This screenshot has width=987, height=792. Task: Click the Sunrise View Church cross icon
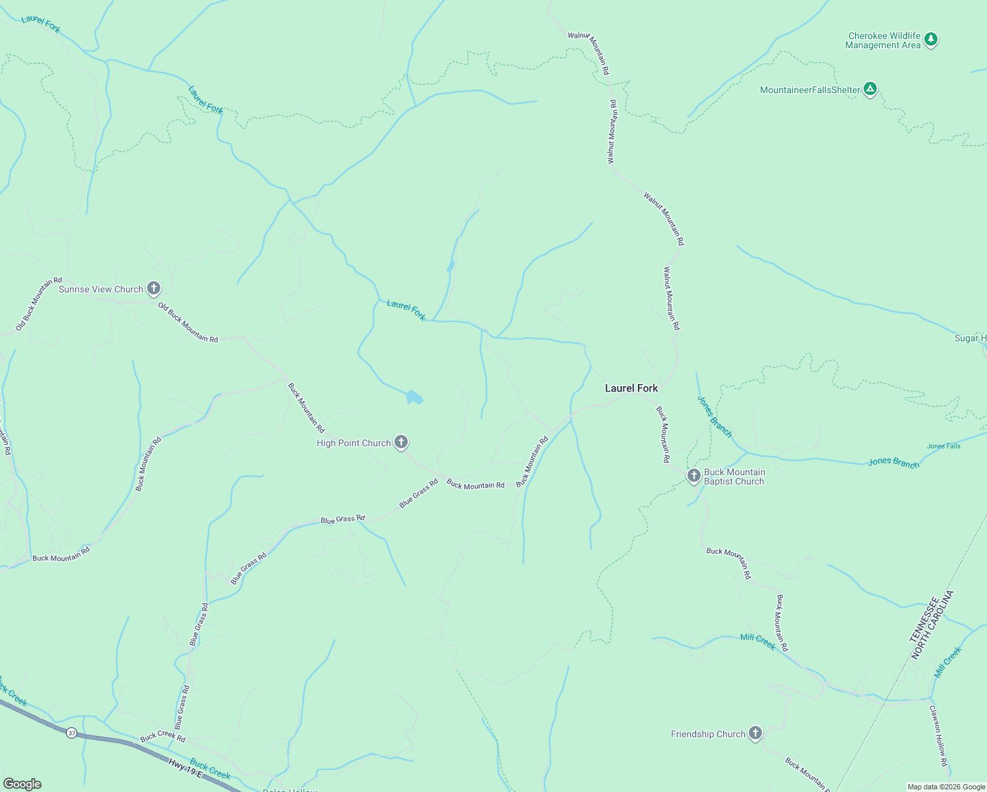(x=154, y=288)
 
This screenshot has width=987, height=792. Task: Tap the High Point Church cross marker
(x=401, y=442)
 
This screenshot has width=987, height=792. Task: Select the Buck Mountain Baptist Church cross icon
(x=693, y=476)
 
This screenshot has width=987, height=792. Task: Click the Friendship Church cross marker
(x=755, y=733)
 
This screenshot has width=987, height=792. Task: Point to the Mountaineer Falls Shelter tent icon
(x=870, y=89)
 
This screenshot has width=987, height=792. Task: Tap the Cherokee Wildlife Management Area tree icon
(x=931, y=40)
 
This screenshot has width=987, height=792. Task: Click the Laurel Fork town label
(x=631, y=388)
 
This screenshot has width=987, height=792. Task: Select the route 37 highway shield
(x=71, y=733)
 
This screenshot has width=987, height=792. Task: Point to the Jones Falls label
(x=943, y=446)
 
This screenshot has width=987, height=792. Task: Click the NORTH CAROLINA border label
(x=933, y=625)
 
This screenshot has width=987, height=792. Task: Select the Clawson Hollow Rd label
(x=939, y=736)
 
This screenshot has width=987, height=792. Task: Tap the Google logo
(x=22, y=784)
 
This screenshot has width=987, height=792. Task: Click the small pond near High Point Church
(x=414, y=397)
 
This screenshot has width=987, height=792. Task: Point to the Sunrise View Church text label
(x=101, y=289)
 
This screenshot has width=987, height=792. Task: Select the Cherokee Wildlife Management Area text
(x=883, y=41)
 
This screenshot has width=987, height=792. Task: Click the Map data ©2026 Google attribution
(x=946, y=787)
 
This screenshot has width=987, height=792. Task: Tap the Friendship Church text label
(x=708, y=734)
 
